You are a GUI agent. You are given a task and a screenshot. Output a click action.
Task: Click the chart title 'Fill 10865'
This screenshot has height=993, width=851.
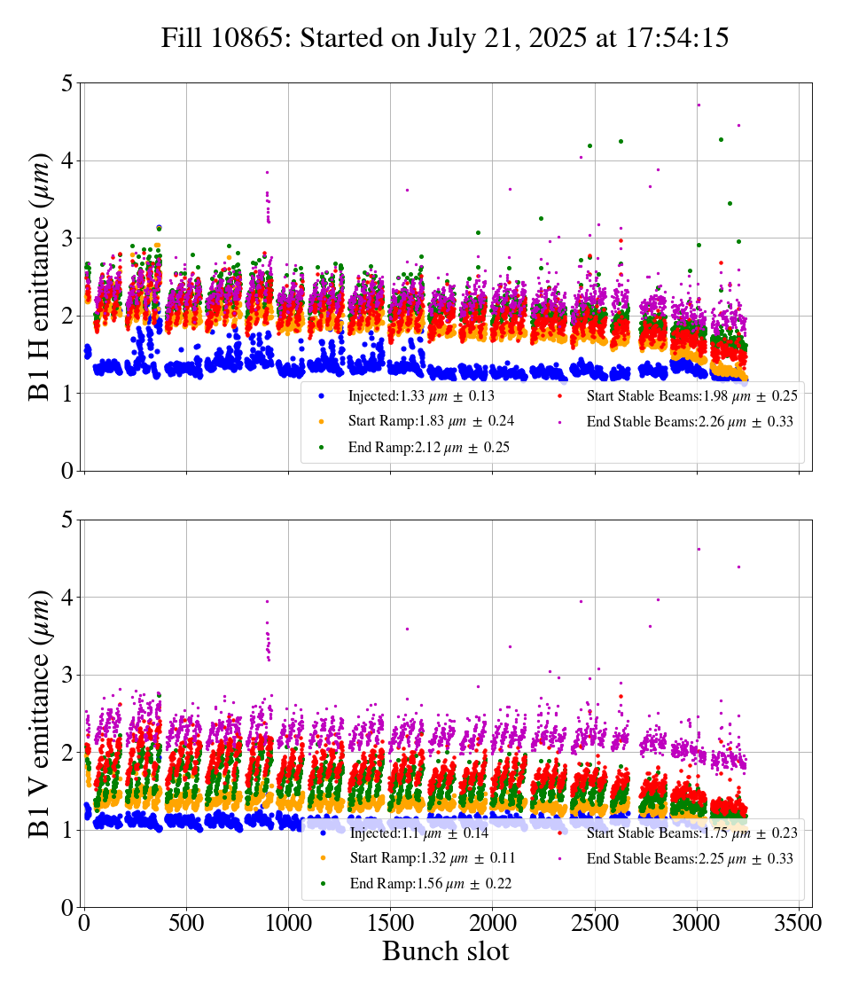pos(445,38)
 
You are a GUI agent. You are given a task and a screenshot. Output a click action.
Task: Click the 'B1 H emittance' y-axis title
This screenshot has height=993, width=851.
pos(41,277)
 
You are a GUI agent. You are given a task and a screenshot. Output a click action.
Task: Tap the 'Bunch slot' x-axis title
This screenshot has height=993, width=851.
pos(445,952)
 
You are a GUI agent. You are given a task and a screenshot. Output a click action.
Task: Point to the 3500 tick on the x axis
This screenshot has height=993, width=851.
pos(799,923)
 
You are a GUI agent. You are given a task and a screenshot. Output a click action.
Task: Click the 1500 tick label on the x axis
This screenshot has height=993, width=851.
pos(391,923)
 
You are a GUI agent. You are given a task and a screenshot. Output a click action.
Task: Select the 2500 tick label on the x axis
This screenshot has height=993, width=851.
pos(595,923)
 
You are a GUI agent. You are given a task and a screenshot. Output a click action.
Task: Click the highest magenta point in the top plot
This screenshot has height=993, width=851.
pos(699,105)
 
